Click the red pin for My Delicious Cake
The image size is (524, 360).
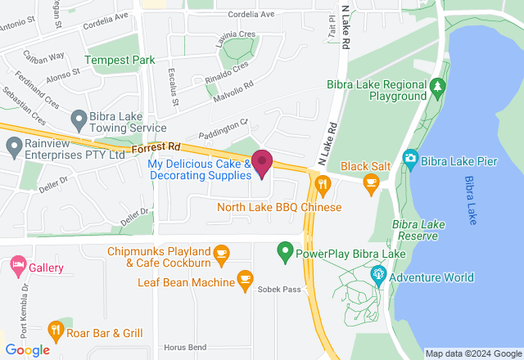[262, 162]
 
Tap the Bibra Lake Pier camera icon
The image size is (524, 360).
[410, 157]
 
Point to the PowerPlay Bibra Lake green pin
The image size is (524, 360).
[285, 250]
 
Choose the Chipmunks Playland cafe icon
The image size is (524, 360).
[221, 256]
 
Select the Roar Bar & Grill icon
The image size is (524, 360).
[56, 330]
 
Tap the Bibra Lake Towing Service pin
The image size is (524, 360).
[79, 120]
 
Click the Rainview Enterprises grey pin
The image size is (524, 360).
[13, 148]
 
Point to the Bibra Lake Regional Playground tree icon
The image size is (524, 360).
[438, 85]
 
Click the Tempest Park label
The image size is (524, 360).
[120, 61]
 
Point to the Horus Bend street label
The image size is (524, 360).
[184, 347]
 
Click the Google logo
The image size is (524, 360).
[27, 349]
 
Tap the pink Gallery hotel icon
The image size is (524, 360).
[17, 265]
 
